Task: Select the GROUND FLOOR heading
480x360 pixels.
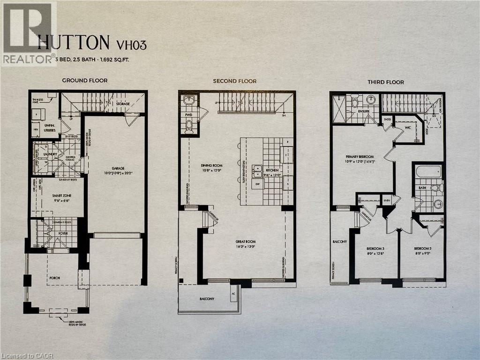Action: coord(85,81)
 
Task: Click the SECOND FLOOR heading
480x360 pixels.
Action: coord(234,81)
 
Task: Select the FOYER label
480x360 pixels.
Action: coord(62,231)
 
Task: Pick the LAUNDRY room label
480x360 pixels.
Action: coord(49,154)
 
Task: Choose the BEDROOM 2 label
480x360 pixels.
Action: coord(423,248)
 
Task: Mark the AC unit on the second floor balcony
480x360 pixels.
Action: coord(233,293)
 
